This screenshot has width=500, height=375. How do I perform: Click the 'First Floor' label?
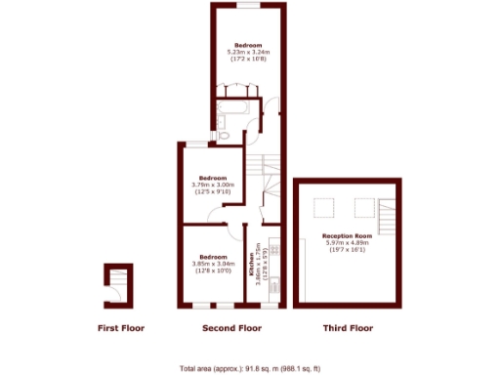coord(120,328)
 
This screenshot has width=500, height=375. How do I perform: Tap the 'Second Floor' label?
coord(231,328)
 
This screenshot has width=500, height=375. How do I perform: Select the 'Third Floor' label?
coord(349,328)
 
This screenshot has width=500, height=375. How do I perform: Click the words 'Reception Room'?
coord(349,236)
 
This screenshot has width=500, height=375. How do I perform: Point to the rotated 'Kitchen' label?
coord(250,266)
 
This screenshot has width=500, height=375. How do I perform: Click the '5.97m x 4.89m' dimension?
coord(349,243)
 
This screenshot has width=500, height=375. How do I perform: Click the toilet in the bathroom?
coord(222,121)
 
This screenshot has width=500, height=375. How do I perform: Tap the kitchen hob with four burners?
coord(274,252)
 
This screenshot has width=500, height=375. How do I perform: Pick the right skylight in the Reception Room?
coord(363,207)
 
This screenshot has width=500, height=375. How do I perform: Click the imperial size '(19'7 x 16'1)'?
coord(349,250)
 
